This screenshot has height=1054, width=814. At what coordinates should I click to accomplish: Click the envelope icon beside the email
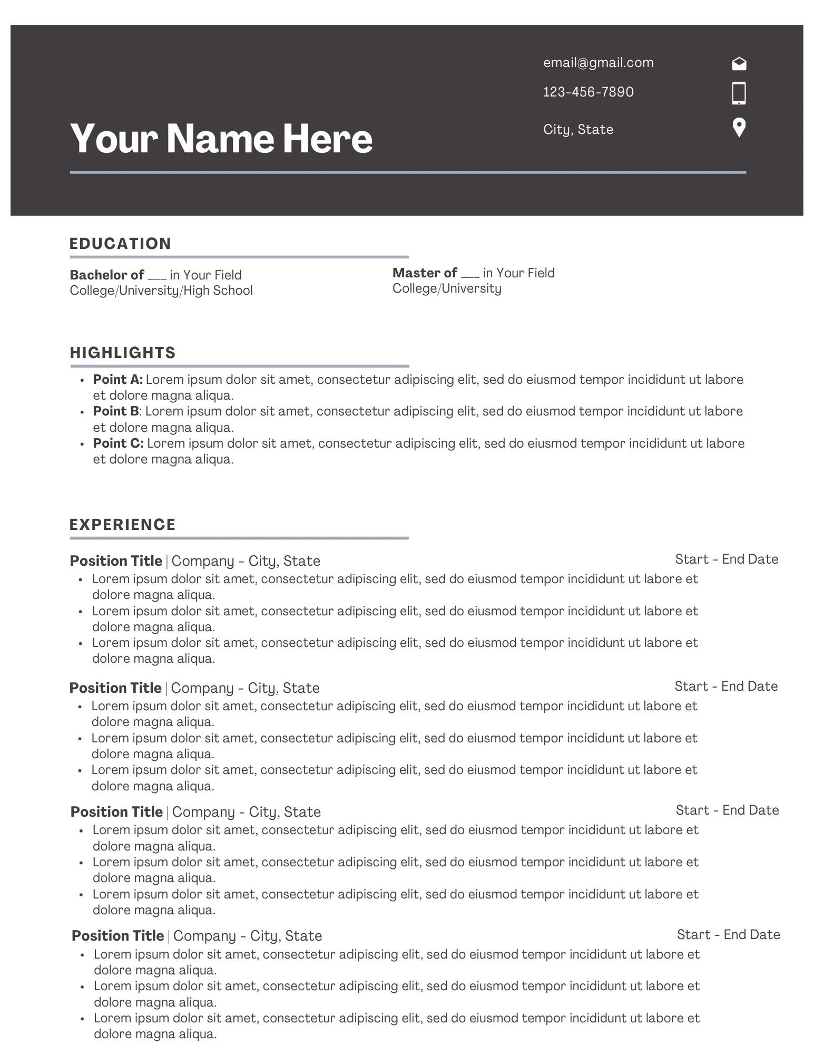[739, 64]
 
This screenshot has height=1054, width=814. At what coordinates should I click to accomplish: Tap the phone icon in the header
[739, 93]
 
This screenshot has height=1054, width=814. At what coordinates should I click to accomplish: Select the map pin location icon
[739, 128]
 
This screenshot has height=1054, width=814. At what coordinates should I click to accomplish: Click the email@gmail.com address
[598, 63]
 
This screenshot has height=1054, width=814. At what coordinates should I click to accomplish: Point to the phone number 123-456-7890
[588, 92]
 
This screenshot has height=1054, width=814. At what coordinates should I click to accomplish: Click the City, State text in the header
[578, 130]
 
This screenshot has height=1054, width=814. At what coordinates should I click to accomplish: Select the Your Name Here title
[221, 139]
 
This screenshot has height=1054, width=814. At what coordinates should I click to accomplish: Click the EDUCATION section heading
[121, 244]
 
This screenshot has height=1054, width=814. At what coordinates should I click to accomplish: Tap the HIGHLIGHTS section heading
[123, 353]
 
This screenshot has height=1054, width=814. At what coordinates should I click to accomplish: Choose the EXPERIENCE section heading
[123, 525]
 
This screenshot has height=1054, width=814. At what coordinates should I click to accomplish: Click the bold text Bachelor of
[107, 275]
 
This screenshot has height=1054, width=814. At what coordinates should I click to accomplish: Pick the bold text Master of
[425, 273]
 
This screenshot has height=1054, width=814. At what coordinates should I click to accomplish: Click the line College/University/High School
[161, 291]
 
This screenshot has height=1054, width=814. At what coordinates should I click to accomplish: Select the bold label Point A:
[118, 380]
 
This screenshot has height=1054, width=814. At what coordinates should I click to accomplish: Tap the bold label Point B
[116, 411]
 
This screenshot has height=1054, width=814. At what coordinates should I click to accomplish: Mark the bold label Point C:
[118, 443]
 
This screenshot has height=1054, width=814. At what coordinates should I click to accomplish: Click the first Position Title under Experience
[116, 561]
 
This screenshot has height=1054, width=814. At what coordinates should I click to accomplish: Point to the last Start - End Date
[728, 935]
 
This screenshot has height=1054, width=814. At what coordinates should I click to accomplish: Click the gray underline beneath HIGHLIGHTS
[239, 366]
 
